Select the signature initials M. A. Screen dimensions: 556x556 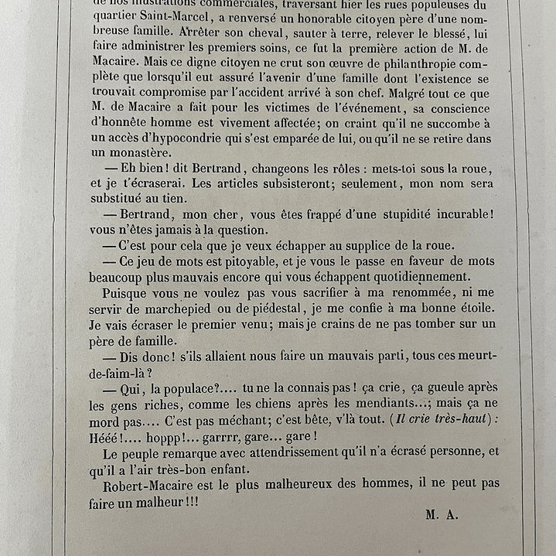(442, 517)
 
